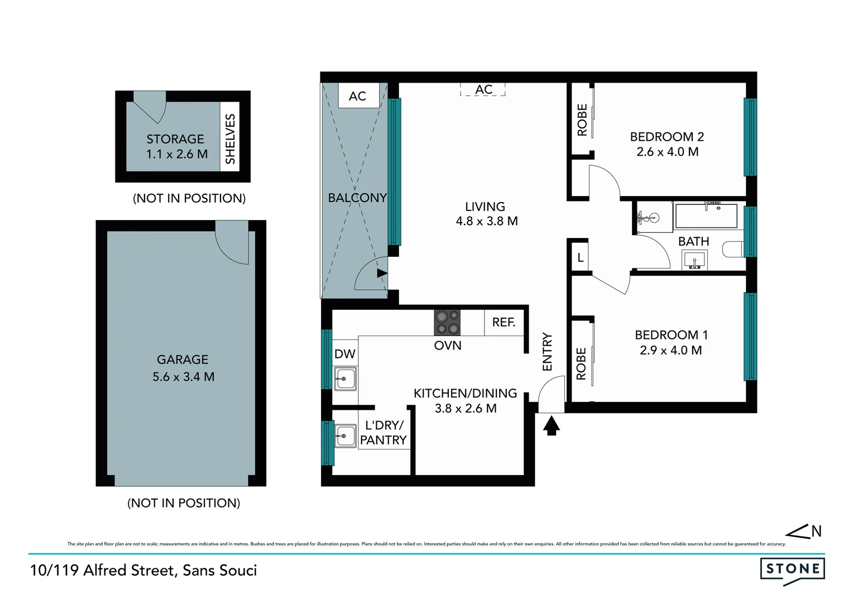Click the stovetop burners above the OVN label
pos(447,322)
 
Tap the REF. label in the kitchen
pos(504,323)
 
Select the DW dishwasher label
pos(344,354)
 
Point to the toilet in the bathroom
pos(734,249)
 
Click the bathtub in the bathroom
pos(706,216)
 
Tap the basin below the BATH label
pos(694,260)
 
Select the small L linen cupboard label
pos(581,258)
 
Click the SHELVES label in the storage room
pos(230,138)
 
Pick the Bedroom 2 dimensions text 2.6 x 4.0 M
pos(667,152)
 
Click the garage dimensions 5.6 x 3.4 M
pos(184,377)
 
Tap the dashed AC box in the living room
pos(483,89)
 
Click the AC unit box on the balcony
pos(357,96)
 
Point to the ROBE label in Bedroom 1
pos(581,363)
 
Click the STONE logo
pos(792,569)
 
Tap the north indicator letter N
pos(816,532)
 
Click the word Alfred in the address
pos(106,570)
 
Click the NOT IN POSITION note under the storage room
pos(189,198)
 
